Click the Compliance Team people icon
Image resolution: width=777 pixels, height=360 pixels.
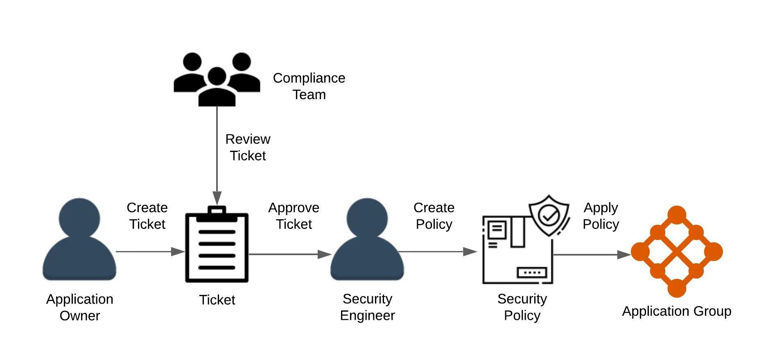point(217,79)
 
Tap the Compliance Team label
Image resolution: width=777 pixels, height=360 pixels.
point(309,86)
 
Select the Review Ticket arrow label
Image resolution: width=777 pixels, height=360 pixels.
point(248,147)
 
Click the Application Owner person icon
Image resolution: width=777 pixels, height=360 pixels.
point(79,240)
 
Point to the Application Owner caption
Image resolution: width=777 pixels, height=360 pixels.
point(79,307)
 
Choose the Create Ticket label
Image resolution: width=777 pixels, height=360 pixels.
point(147,216)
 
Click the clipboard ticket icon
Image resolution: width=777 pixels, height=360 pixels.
point(217,248)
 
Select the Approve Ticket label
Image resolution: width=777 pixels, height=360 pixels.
point(294,216)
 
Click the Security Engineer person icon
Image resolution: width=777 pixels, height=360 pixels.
point(367,240)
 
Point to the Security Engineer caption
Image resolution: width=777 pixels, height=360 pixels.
point(367,307)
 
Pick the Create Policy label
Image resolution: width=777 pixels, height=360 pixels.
point(434,216)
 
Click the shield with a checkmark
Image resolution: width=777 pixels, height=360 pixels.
point(549,215)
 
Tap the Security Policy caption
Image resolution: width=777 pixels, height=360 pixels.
point(522,307)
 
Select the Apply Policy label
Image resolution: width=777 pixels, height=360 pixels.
point(601,216)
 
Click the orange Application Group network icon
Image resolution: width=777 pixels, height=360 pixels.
point(677,251)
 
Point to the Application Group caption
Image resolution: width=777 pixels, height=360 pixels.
point(677,311)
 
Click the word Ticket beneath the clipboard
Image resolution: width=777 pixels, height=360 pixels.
point(217,300)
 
